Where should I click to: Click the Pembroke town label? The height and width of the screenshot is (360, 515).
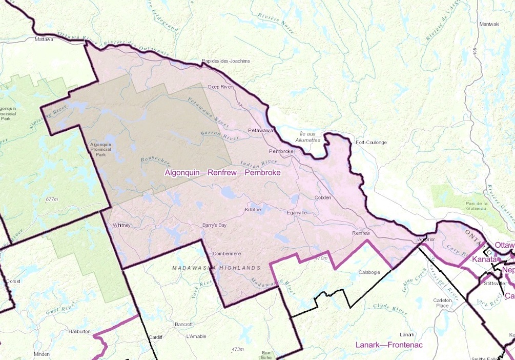281,152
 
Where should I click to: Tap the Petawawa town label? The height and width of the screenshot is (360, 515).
260,130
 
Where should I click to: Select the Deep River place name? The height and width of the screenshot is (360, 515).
220,87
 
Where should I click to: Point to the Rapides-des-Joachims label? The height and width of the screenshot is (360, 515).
226,61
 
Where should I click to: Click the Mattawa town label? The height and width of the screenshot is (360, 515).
44,39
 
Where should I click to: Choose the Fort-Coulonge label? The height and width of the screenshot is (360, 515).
372,143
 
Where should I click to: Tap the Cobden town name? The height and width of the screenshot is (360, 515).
323,197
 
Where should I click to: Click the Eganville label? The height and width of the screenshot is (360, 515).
297,212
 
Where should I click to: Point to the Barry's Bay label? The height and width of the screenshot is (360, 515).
214,225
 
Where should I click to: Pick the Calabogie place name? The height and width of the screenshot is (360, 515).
369,272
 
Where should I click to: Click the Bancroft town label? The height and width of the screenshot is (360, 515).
183,325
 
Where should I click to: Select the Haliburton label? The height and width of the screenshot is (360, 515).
79,332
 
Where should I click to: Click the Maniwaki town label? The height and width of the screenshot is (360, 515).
489,24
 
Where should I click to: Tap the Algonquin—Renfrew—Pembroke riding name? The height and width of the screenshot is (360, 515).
222,173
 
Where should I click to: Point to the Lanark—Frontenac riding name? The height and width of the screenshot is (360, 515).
389,345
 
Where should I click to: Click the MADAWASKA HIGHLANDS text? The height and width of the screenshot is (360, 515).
216,268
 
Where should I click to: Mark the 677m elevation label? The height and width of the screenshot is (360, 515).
52,199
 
